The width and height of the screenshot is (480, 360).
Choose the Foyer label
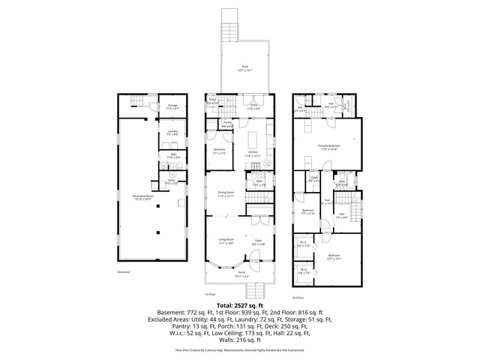click(258, 241)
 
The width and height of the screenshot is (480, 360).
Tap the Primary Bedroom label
click(328, 147)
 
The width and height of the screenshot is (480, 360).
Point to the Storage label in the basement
click(172, 106)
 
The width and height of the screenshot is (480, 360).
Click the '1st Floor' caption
click(211, 295)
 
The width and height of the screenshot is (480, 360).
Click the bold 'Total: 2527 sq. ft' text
click(240, 305)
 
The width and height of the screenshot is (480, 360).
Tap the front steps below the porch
click(258, 292)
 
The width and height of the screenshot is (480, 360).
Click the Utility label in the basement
click(171, 181)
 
